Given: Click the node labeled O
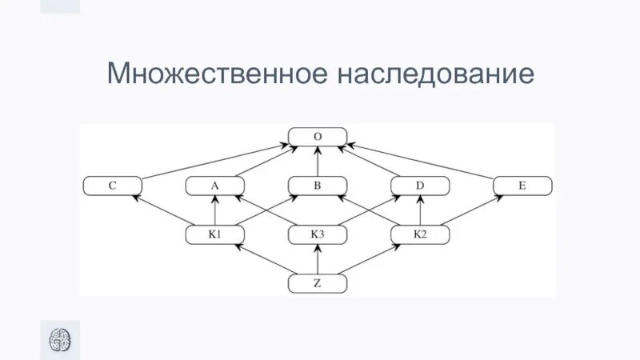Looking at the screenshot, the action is (318, 137).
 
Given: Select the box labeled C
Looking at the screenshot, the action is (113, 186).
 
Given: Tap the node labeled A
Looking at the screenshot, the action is (214, 186).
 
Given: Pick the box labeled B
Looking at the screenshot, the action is (318, 186).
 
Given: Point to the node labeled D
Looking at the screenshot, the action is (420, 186).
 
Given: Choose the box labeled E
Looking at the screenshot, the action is (522, 186).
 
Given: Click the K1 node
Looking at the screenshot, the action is (214, 234).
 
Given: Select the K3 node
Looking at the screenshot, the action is (318, 234).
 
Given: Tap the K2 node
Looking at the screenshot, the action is (420, 234).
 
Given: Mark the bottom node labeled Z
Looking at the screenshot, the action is (318, 283).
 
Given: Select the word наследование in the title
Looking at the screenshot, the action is (435, 74).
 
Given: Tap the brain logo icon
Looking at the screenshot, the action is (60, 339).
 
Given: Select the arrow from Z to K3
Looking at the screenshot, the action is (318, 259).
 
